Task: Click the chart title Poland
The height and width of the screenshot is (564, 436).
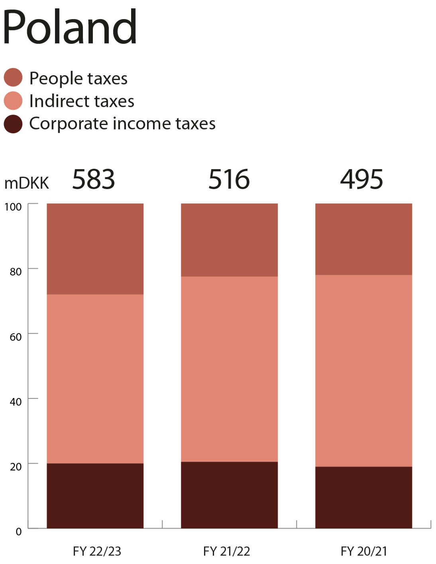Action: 70,27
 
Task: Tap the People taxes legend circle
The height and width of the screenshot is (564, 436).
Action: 13,77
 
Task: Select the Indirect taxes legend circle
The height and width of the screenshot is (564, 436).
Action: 13,101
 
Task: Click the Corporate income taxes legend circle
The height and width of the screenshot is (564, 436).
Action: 13,124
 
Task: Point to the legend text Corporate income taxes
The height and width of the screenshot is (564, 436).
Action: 122,123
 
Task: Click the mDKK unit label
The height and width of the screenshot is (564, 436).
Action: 27,183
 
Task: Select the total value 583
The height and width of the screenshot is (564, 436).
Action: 93,179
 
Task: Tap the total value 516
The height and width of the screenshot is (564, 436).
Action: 229,179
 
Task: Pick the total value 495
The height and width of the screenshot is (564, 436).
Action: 361,179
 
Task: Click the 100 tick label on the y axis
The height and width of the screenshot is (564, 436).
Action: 13,207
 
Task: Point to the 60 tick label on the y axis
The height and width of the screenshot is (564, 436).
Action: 15,337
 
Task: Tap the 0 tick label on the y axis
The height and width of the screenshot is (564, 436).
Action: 18,531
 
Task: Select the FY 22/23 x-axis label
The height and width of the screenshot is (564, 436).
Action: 97,551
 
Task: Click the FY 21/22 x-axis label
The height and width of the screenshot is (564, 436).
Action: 227,551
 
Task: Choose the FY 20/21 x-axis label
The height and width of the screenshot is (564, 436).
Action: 364,551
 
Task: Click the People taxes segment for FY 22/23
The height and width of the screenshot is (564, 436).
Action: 95,249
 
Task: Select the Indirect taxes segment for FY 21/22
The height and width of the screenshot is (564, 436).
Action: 230,369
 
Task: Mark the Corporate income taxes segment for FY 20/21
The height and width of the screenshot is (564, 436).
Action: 364,497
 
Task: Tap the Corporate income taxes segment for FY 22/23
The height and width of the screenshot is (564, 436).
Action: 95,496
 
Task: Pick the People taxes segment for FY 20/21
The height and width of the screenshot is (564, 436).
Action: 364,239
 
